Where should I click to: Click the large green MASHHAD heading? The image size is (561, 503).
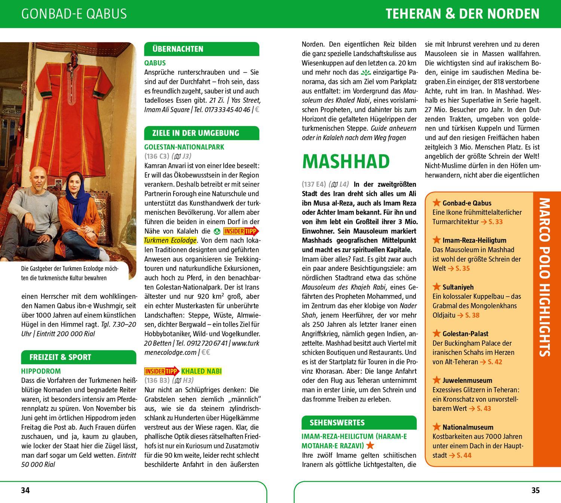pos(346,161)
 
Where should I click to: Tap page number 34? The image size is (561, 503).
pos(25,490)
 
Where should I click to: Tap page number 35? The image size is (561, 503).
pos(535,490)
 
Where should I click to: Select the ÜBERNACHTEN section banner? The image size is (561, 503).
pos(178,49)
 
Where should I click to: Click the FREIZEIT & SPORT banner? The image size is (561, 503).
pos(60,357)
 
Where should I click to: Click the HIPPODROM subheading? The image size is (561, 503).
pos(41,371)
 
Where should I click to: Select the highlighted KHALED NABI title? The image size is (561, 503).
pos(201,371)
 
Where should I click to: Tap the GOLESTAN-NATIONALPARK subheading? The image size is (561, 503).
pos(184,147)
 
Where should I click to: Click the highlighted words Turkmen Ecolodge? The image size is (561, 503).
pos(170,240)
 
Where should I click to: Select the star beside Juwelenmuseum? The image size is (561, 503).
pos(436,380)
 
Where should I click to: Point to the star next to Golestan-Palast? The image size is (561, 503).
pos(436,333)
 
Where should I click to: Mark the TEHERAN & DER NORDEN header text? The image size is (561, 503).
pos(462,14)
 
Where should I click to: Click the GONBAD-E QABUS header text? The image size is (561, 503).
pos(74,14)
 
